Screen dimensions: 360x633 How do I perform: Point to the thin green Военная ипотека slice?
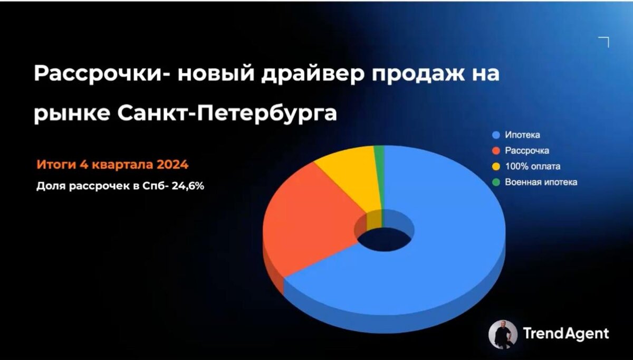[379, 153]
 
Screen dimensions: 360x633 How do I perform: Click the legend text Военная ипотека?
[541, 182]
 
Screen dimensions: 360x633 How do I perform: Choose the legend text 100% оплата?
[532, 166]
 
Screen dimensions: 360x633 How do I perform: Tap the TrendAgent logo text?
[565, 334]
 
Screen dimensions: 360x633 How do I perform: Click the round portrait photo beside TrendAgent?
[503, 334]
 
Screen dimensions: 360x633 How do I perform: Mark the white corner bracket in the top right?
[605, 41]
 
